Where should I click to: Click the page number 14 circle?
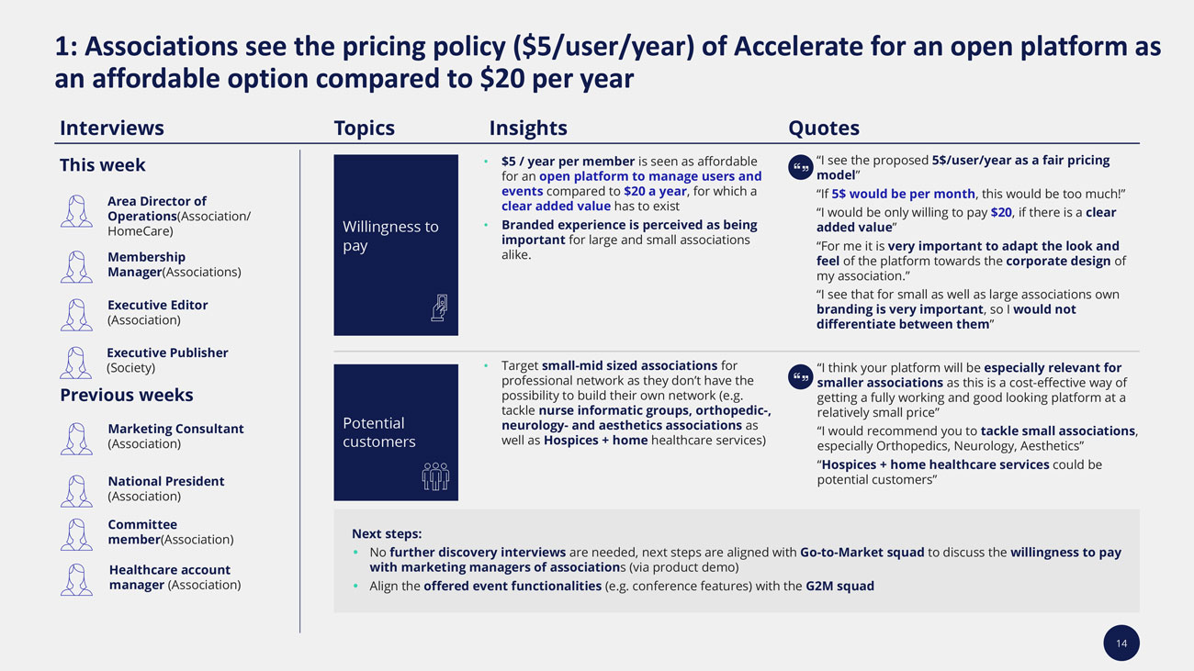pos(1121,643)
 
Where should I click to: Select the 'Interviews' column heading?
pos(111,128)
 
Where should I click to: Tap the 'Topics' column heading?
pos(364,128)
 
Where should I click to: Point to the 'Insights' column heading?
pos(527,128)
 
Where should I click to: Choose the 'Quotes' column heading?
pos(823,128)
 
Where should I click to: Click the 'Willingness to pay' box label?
pos(390,236)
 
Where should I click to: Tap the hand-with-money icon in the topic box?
pos(439,308)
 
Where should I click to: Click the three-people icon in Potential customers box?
pos(435,475)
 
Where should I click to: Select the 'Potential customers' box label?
pos(378,432)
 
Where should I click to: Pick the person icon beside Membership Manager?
pos(76,266)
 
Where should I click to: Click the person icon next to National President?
pos(76,490)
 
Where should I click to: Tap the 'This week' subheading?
pos(102,165)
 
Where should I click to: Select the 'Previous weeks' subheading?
pos(126,396)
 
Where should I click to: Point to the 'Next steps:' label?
pos(387,533)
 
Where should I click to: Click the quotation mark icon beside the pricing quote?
pos(800,167)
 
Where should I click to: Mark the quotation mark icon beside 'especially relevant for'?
pos(800,376)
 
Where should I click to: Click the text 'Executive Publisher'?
pos(167,352)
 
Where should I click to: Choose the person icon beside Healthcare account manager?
pos(76,579)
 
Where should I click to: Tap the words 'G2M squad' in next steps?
pos(839,586)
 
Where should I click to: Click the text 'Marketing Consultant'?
pos(175,429)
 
